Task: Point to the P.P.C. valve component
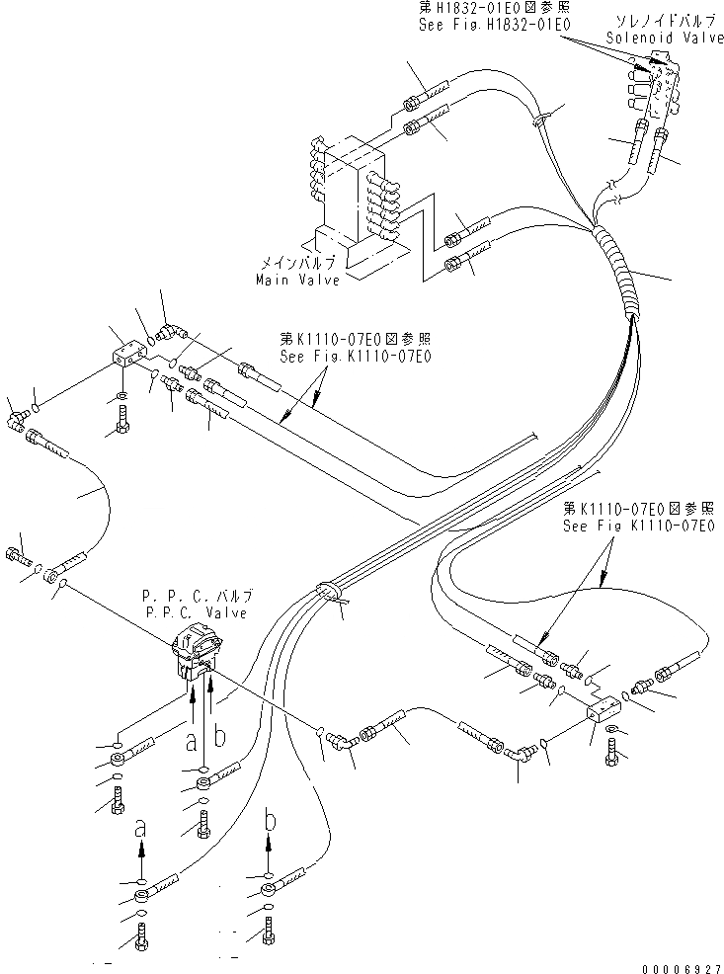pyautogui.click(x=197, y=653)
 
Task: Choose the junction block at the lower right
pyautogui.click(x=603, y=709)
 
